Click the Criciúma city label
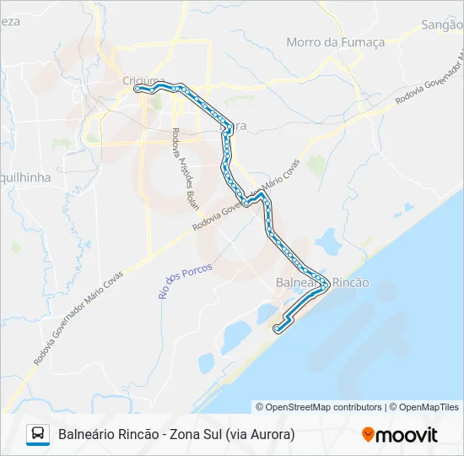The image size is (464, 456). [140, 80]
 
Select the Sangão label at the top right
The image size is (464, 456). [442, 25]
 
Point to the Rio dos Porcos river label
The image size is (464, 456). [186, 280]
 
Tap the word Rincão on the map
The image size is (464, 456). [350, 283]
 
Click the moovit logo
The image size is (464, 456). [400, 435]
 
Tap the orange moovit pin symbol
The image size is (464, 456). [368, 434]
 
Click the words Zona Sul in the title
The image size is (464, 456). [195, 435]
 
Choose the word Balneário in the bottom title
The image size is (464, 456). [88, 435]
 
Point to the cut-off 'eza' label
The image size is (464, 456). [9, 21]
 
